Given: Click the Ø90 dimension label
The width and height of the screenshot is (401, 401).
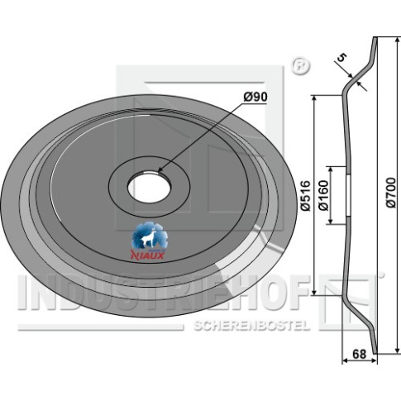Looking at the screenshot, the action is point(255,97).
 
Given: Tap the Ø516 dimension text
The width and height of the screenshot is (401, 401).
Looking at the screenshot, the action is point(306,196).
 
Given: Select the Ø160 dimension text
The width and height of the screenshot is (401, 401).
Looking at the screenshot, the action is point(323,195).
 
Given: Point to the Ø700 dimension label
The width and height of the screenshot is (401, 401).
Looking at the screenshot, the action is point(390,193).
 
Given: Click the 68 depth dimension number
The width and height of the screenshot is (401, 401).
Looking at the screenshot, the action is point(360,354).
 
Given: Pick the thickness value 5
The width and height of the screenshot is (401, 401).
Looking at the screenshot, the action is point(341,58).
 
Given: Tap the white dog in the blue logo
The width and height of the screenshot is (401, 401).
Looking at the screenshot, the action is point(149,238).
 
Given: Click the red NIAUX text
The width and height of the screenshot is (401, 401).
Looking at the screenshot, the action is point(147,255).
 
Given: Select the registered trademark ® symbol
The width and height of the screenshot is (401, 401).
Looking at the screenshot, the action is point(300,66).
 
